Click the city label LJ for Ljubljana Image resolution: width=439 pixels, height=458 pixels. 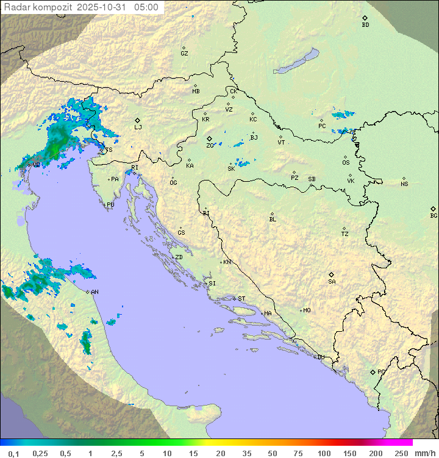(x=138, y=127)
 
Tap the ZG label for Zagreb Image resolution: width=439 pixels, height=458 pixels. (x=210, y=146)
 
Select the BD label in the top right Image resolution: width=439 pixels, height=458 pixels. (x=365, y=25)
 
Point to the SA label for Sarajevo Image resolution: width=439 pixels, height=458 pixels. (x=332, y=282)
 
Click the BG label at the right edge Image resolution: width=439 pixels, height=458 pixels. (x=434, y=216)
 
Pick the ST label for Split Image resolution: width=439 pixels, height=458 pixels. (x=241, y=299)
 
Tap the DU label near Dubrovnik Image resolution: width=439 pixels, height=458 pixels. (x=320, y=357)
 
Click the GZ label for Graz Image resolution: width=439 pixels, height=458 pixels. (x=184, y=54)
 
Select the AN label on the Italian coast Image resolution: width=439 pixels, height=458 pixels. (x=95, y=292)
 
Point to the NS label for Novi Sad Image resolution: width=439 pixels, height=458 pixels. (x=404, y=184)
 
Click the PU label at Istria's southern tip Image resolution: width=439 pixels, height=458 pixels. (x=110, y=205)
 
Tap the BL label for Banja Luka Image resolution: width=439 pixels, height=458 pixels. (x=273, y=220)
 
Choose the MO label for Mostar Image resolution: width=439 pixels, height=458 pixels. (x=307, y=310)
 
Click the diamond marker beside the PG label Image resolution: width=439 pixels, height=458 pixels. (x=373, y=372)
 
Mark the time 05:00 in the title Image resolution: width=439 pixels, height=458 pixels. (x=146, y=7)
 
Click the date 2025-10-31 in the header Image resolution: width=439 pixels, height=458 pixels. (x=103, y=7)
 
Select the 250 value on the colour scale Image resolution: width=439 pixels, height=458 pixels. (x=401, y=453)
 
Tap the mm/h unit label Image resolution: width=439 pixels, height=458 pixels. (x=424, y=453)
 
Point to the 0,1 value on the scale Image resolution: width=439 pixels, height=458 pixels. (x=13, y=453)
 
